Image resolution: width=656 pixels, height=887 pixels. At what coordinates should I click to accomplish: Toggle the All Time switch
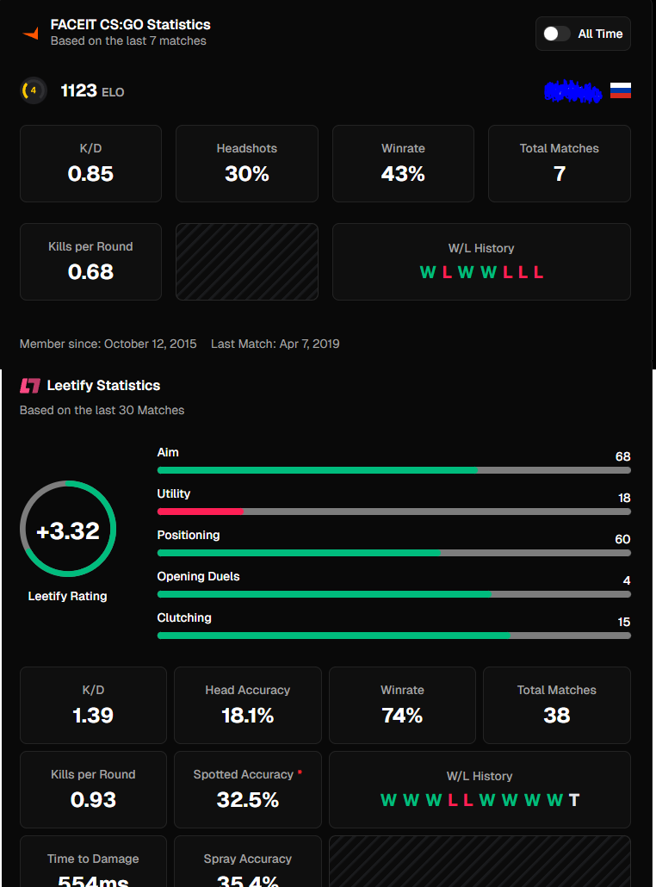(x=556, y=34)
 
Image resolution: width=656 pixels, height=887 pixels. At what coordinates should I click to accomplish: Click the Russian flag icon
(x=621, y=90)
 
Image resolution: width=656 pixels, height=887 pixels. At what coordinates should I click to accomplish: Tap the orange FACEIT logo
(x=31, y=34)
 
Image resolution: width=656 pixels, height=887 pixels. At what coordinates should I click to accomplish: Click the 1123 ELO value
(x=79, y=90)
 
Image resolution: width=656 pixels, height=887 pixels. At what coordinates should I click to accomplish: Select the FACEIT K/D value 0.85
(x=90, y=174)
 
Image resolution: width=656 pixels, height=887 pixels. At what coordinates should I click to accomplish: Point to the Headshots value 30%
(x=247, y=174)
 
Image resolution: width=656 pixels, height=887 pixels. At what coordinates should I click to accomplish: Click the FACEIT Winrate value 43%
(x=403, y=174)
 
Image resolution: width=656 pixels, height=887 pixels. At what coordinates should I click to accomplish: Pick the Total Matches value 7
(x=560, y=174)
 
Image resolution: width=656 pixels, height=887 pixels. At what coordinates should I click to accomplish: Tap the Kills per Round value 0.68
(x=90, y=272)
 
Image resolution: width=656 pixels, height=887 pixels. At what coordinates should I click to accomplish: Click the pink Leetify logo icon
(x=30, y=386)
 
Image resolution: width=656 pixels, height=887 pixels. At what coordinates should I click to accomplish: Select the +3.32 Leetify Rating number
(x=68, y=530)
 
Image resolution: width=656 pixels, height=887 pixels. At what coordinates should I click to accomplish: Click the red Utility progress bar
(x=201, y=512)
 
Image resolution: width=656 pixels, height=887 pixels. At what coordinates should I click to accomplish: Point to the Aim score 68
(x=622, y=456)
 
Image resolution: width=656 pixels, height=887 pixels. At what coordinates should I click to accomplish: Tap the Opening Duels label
(x=198, y=576)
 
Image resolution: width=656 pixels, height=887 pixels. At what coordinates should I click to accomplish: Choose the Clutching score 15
(x=623, y=622)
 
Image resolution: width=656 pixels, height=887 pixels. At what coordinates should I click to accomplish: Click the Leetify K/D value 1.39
(x=93, y=716)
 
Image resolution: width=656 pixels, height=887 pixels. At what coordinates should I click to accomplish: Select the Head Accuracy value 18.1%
(x=248, y=716)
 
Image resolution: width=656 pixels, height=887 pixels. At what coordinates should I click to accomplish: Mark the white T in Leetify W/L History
(x=574, y=800)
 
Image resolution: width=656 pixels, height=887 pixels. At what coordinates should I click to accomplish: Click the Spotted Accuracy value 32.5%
(x=248, y=800)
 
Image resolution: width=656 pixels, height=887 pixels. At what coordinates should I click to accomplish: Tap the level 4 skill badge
(x=34, y=90)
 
